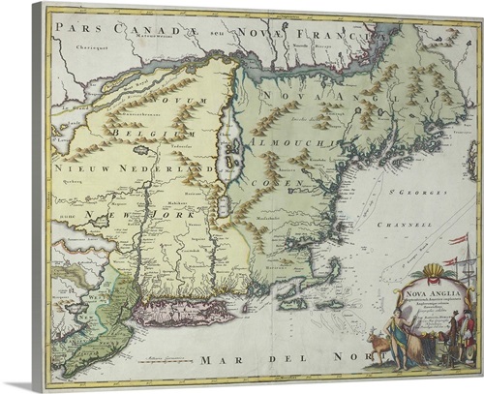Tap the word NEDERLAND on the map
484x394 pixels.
154,168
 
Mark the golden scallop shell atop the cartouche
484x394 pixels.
427,267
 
